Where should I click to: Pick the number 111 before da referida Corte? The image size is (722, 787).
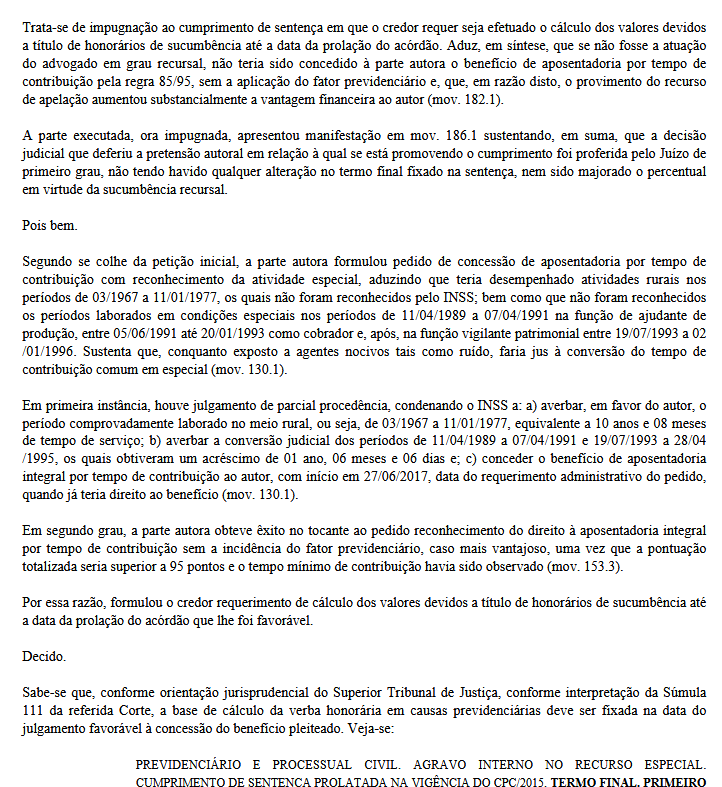pyautogui.click(x=33, y=709)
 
